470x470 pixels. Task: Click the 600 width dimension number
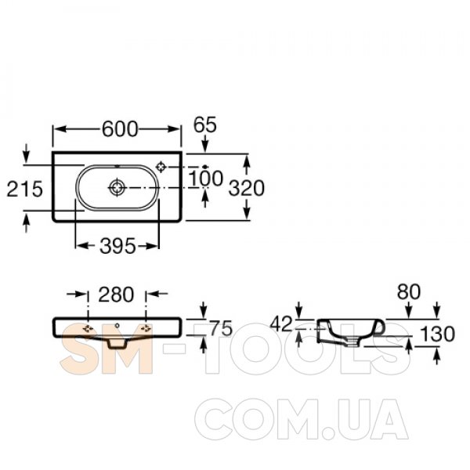(x=120, y=129)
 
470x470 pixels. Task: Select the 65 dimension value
(x=205, y=125)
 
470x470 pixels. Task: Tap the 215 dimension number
(x=25, y=189)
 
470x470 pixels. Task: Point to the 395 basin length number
(x=117, y=246)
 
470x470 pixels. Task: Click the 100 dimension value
(x=206, y=179)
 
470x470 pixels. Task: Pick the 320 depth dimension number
(x=247, y=188)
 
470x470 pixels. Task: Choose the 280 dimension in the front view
(x=116, y=295)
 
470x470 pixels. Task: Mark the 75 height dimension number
(x=221, y=328)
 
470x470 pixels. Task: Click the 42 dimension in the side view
(x=281, y=324)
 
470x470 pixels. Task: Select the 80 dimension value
(x=409, y=291)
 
